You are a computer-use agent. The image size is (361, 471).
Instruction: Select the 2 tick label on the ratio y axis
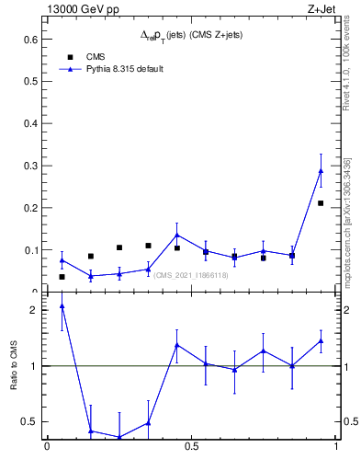tap(34, 310)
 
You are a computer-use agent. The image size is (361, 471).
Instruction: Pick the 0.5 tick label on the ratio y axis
tap(29, 422)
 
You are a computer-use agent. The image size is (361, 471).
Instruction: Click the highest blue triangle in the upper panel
tap(321, 170)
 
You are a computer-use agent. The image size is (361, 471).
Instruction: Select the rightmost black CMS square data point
tap(321, 202)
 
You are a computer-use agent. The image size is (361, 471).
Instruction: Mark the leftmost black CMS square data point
tap(62, 276)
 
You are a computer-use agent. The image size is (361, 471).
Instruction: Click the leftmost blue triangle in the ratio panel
tap(62, 306)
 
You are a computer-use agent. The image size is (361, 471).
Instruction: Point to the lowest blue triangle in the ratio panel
tap(119, 437)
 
